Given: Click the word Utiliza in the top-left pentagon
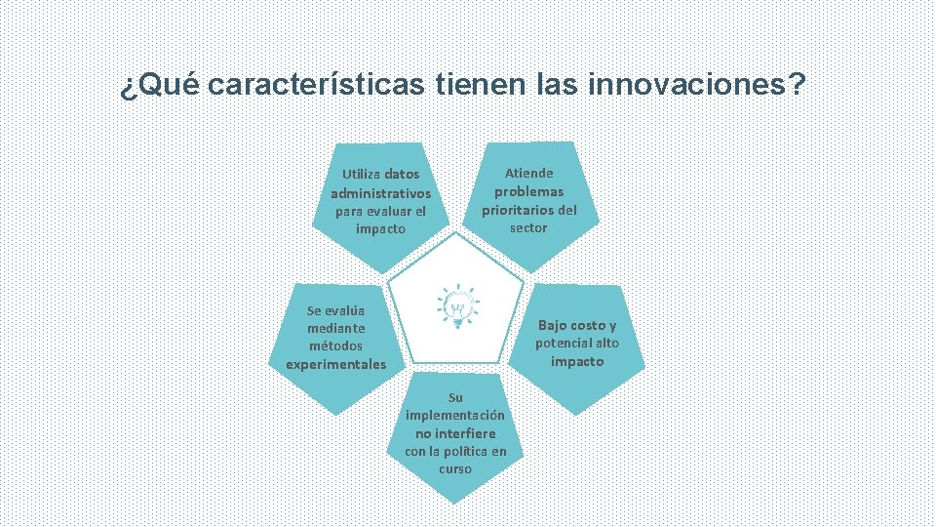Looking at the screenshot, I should (x=360, y=175).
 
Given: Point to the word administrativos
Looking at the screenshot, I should (x=380, y=193).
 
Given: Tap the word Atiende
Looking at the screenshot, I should (x=528, y=173).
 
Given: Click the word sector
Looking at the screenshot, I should (x=528, y=227).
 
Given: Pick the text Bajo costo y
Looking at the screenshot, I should (x=577, y=325).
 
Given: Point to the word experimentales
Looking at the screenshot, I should (x=335, y=364).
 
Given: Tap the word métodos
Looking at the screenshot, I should (x=335, y=346).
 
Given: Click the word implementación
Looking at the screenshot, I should (x=454, y=415).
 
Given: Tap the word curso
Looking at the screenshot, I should (x=454, y=468).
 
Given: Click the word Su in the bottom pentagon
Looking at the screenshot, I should (x=454, y=397).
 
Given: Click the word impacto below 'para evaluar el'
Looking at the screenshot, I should (x=380, y=228).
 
